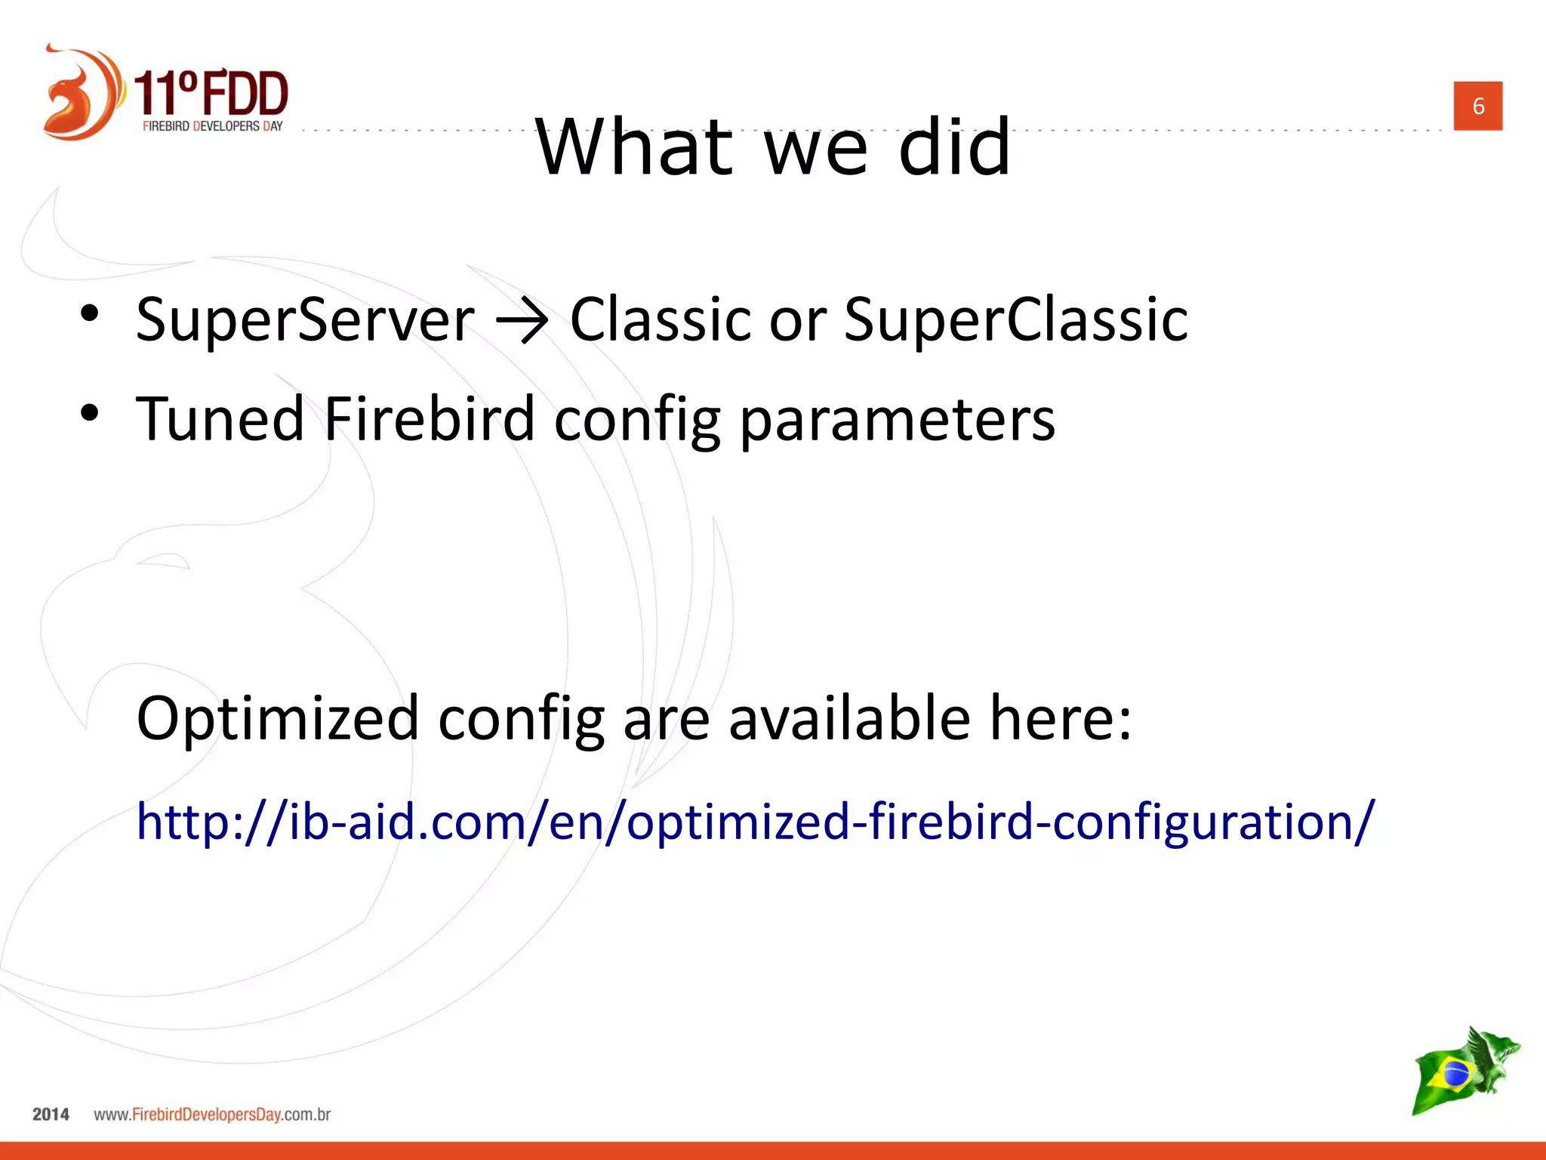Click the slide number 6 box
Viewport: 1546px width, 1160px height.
[x=1477, y=106]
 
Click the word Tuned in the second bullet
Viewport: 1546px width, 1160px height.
[x=220, y=419]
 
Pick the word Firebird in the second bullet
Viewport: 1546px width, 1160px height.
[x=429, y=419]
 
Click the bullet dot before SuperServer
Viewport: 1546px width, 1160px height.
[x=90, y=314]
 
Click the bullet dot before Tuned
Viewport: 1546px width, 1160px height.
[x=90, y=413]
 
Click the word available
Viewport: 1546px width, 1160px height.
[x=848, y=717]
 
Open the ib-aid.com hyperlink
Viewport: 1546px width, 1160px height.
[x=755, y=822]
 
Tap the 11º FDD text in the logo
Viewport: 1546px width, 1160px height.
[x=211, y=93]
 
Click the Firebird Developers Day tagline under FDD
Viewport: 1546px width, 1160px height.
[x=212, y=126]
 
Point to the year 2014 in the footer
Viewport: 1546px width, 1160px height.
[x=51, y=1114]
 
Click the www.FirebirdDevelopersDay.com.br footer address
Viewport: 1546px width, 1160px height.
[x=212, y=1115]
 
